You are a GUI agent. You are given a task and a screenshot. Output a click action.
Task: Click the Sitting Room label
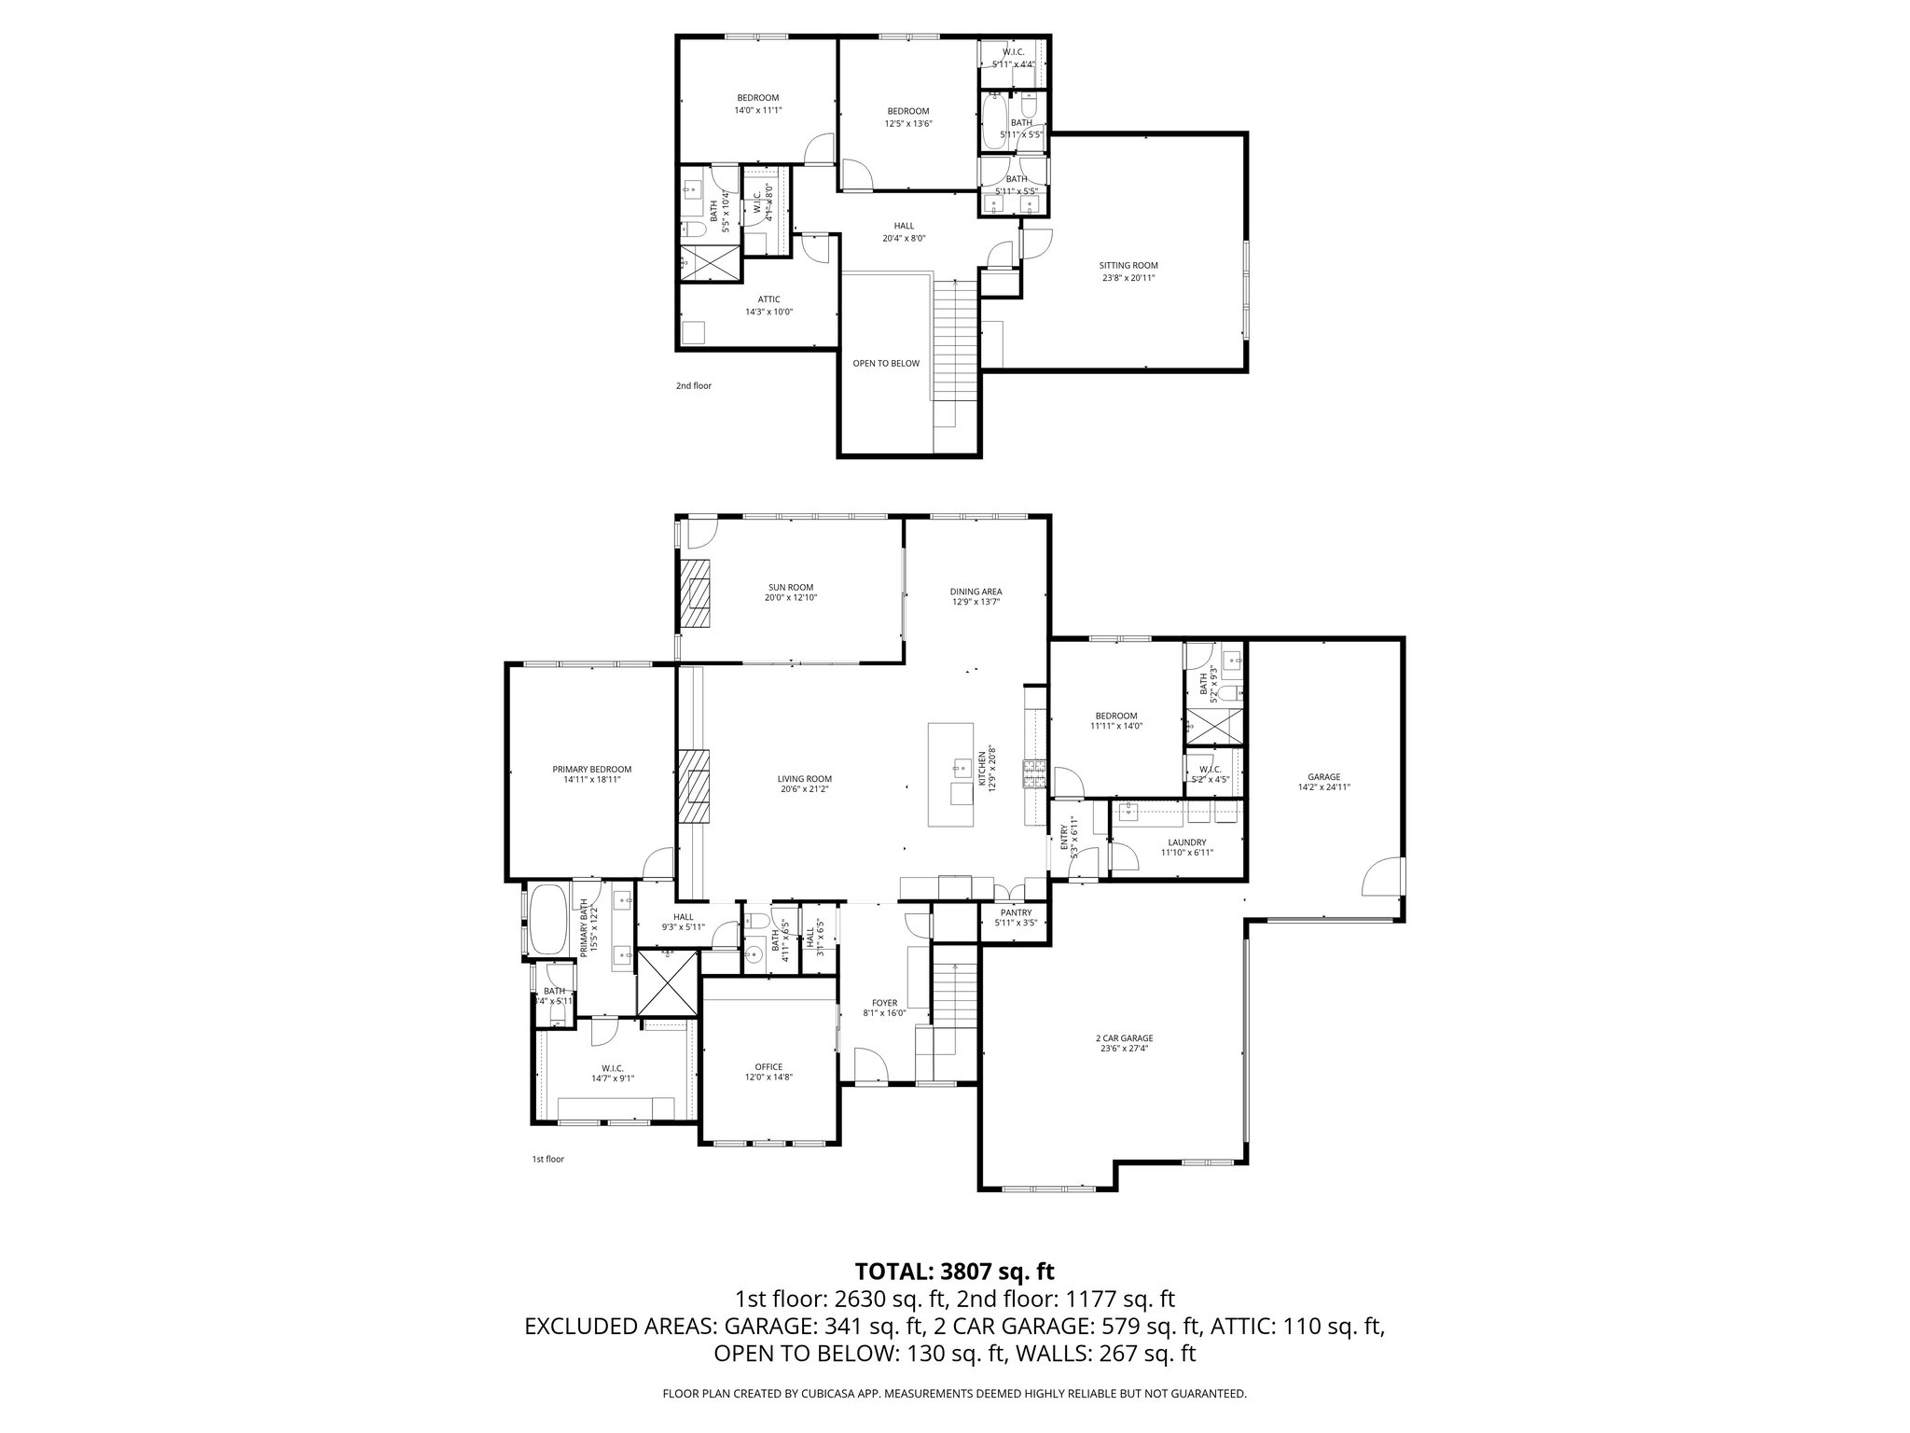pos(1128,265)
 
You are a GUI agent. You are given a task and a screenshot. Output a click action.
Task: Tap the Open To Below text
pos(885,364)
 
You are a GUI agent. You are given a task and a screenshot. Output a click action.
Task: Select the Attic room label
pos(768,299)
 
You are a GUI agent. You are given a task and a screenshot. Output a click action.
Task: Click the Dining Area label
pos(976,591)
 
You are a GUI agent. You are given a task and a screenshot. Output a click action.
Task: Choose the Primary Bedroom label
pos(591,770)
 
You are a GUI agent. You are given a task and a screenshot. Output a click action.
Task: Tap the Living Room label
pos(804,779)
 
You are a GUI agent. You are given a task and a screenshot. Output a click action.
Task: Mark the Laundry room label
pos(1186,842)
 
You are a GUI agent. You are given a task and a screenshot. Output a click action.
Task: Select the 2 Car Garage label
pos(1124,1037)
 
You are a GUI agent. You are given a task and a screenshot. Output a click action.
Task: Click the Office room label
pos(768,1066)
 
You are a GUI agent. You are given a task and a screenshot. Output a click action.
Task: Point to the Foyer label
pos(884,1003)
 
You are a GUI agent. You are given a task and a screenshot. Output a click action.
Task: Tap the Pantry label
pos(1016,912)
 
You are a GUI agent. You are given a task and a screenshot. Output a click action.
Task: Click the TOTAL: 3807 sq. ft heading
pos(954,1271)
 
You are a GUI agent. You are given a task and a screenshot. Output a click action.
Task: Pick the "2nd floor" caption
pos(694,385)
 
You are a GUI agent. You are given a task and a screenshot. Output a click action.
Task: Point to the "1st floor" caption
pos(547,1160)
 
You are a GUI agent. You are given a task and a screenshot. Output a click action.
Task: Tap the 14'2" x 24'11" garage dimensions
pos(1323,787)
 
